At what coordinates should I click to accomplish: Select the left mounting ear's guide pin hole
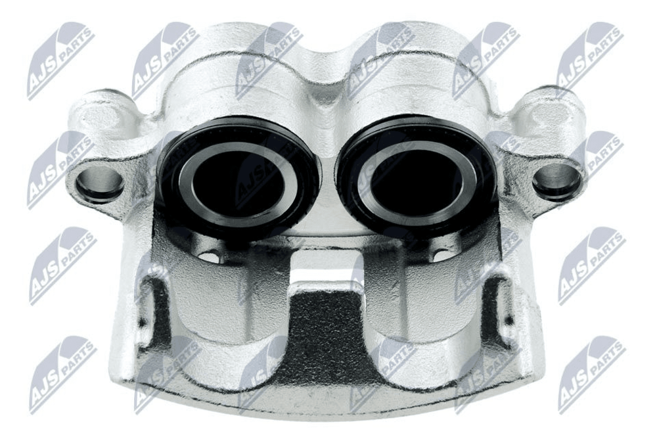click(99, 183)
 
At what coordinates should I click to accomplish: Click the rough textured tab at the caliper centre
click(326, 331)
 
